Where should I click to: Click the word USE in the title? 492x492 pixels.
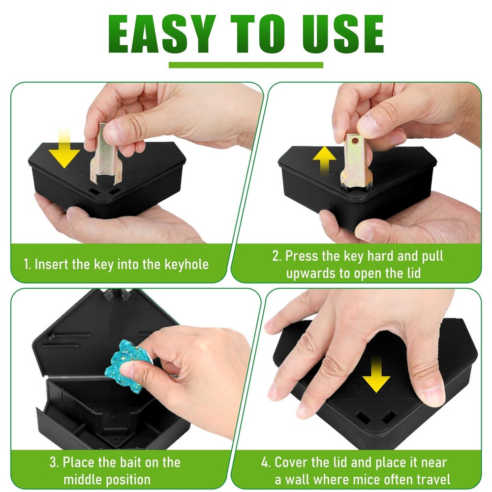coord(338,34)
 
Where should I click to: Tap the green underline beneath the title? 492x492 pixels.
coord(246,64)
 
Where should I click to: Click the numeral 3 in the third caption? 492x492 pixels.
coord(53,462)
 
